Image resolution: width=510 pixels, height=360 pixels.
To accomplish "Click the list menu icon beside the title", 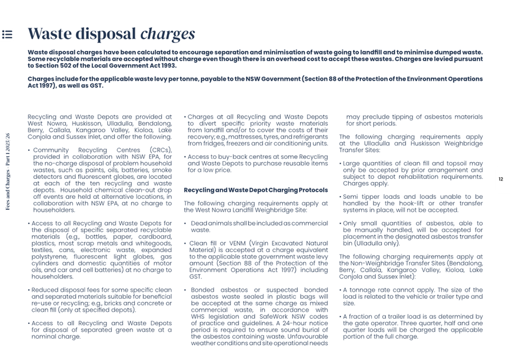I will pos(7,34).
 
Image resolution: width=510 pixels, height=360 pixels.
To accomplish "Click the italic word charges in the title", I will pos(168,34).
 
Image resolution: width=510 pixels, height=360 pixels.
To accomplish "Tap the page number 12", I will pos(500,179).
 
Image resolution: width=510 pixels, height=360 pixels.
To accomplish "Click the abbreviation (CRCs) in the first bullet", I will pos(160,150).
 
